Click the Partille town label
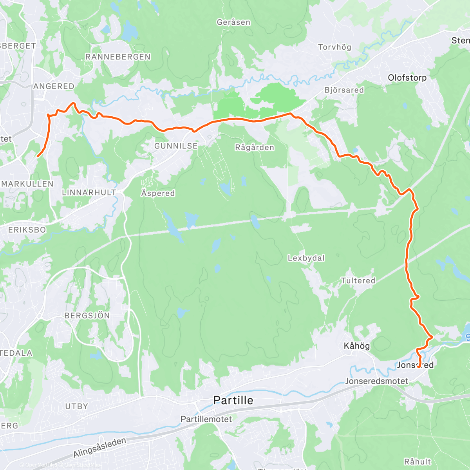point(233,400)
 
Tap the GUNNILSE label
point(176,146)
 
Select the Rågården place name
point(255,148)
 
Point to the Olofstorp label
point(407,78)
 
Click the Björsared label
point(344,90)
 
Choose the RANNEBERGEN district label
point(118,57)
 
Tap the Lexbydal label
point(306,258)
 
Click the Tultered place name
point(358,280)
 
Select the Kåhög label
point(356,346)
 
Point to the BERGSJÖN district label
point(87,316)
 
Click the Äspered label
point(158,193)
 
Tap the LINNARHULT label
point(89,192)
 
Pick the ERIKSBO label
point(27,230)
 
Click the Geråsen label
point(233,22)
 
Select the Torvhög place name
point(334,47)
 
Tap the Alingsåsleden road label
point(99,447)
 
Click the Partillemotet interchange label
point(206,419)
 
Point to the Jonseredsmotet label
point(376,381)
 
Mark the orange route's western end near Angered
point(38,156)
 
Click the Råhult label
point(418,462)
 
